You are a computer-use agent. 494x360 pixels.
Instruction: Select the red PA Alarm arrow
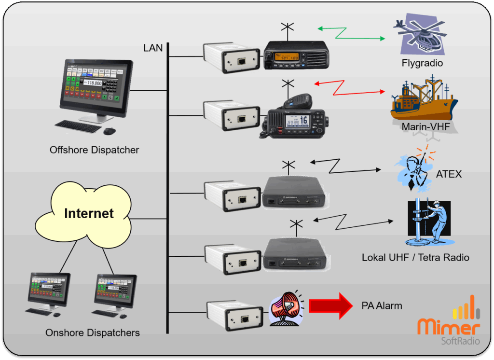[331, 305]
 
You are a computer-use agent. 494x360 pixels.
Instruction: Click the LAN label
[153, 48]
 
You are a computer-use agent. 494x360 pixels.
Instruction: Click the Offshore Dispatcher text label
[94, 150]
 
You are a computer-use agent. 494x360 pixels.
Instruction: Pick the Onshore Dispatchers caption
[93, 333]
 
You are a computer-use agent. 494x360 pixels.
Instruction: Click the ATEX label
[449, 174]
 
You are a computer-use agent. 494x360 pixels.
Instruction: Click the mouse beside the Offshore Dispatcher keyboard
[110, 131]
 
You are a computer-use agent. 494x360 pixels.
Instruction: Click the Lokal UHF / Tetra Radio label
[415, 258]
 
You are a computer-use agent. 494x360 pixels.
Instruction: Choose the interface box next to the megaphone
[233, 316]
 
